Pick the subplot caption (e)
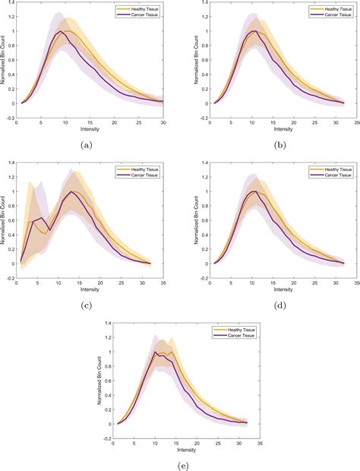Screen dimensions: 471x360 (x=180, y=466)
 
